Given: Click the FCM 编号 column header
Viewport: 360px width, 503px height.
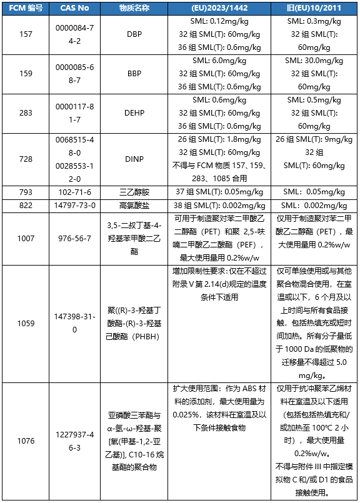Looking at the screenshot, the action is (x=26, y=7).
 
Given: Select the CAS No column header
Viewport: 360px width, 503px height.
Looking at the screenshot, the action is (x=77, y=7).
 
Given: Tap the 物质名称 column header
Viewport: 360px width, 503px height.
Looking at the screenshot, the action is (x=134, y=7).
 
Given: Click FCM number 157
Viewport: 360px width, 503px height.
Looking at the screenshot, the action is (x=26, y=34).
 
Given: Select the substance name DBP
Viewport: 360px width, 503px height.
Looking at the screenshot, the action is (x=134, y=34).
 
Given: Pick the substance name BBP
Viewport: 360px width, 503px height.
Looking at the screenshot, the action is (x=134, y=74).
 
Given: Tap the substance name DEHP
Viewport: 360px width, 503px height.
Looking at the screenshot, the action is (x=134, y=113).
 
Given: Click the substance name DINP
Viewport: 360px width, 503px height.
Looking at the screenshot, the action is (x=134, y=160).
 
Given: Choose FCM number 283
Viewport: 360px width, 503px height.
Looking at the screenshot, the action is (x=26, y=113).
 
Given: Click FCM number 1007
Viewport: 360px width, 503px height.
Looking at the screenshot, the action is (x=26, y=239).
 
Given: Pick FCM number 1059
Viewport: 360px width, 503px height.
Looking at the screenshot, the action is (x=26, y=323).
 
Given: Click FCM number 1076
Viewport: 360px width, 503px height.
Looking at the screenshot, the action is (x=26, y=441).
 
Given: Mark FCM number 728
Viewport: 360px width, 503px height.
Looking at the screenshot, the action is (x=26, y=160).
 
